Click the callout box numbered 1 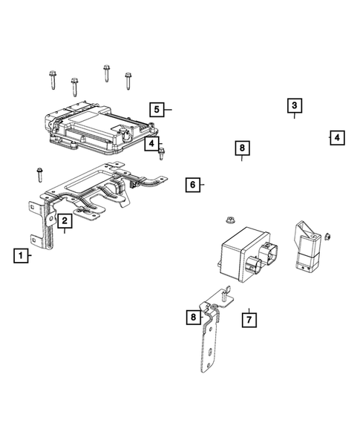tap(22, 256)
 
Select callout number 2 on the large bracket tap(65, 220)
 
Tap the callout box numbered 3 tap(294, 105)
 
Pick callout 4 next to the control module tap(151, 143)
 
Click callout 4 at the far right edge tap(336, 137)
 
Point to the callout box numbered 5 tap(157, 109)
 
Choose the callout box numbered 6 tap(192, 184)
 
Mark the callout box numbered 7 tap(249, 320)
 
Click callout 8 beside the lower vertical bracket tap(193, 318)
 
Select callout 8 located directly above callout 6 tap(241, 149)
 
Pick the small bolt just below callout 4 tap(162, 153)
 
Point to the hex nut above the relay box tap(229, 221)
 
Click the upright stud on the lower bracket tap(222, 295)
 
